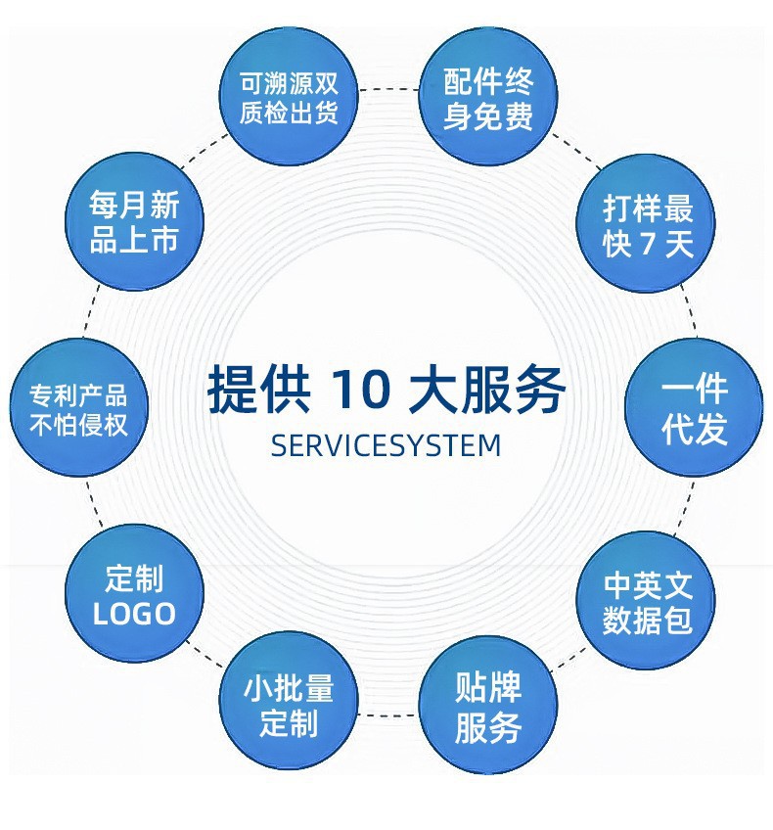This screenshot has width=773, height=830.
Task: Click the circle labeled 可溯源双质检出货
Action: click(289, 96)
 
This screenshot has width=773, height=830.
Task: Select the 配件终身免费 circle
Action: click(488, 96)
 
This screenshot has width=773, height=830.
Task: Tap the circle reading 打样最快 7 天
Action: click(646, 222)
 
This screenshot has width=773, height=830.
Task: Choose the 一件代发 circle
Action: click(694, 407)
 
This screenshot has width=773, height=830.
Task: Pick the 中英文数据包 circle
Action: click(646, 600)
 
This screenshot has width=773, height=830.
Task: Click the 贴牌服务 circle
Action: click(488, 705)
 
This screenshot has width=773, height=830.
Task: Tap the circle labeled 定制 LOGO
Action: click(134, 593)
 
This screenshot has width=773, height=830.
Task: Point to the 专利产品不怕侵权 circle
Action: click(79, 407)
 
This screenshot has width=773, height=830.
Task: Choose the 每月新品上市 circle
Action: click(134, 221)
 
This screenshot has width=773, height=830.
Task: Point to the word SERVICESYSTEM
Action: click(386, 445)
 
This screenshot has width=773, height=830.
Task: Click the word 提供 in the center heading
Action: click(258, 390)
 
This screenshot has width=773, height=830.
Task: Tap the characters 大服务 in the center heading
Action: click(486, 390)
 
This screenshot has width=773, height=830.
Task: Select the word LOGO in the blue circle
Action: click(134, 614)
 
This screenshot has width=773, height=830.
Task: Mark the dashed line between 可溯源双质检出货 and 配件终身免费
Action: click(388, 89)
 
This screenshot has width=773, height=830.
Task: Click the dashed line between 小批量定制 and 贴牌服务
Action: click(388, 715)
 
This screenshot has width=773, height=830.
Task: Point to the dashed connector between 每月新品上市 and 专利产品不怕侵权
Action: click(90, 312)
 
